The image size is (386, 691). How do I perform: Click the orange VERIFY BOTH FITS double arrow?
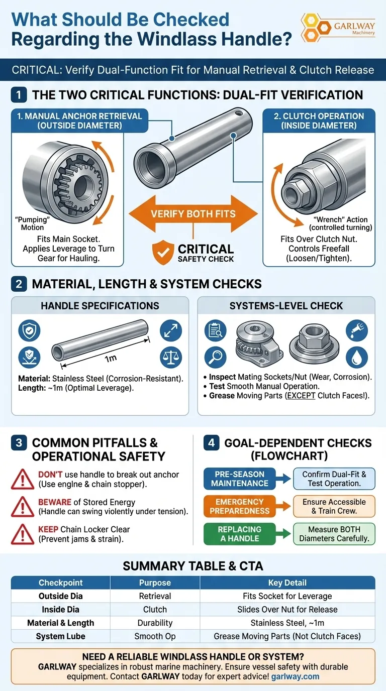tap(193, 213)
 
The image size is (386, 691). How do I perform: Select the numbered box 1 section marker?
tap(19, 95)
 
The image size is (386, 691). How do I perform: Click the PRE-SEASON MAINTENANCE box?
tap(240, 479)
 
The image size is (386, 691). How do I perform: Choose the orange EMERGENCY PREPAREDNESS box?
tap(240, 506)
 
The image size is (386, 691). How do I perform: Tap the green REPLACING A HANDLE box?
tap(240, 534)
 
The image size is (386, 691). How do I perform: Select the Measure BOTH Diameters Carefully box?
tap(334, 534)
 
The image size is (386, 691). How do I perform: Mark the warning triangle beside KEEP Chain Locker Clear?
tap(23, 534)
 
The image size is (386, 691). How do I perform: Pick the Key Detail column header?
tap(287, 583)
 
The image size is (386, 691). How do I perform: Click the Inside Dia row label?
tap(60, 609)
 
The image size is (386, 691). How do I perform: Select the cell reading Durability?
tap(155, 623)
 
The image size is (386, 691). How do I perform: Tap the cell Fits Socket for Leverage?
tap(287, 596)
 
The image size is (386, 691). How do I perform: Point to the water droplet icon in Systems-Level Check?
tap(356, 357)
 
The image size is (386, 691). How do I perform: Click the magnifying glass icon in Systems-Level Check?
tap(216, 357)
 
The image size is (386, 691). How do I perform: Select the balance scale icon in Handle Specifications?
tap(170, 357)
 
